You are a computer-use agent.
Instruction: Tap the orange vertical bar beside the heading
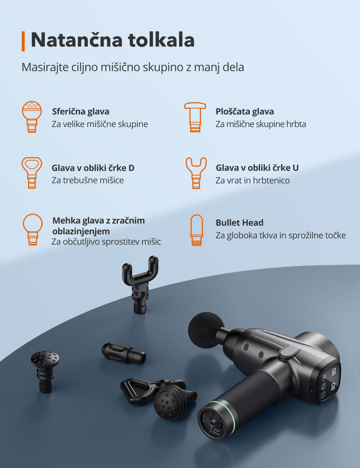[x=23, y=41]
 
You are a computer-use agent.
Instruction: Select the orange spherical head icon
[x=32, y=117]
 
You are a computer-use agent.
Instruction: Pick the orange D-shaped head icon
[x=32, y=172]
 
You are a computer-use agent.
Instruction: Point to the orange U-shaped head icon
[x=196, y=172]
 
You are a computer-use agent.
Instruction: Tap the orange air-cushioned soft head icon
[x=32, y=229]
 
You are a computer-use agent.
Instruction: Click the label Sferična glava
[x=81, y=111]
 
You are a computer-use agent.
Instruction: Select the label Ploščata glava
[x=244, y=111]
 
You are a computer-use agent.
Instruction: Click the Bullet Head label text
[x=239, y=223]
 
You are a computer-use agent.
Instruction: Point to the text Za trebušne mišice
[x=88, y=180]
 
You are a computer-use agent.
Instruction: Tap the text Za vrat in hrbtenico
[x=252, y=181]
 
